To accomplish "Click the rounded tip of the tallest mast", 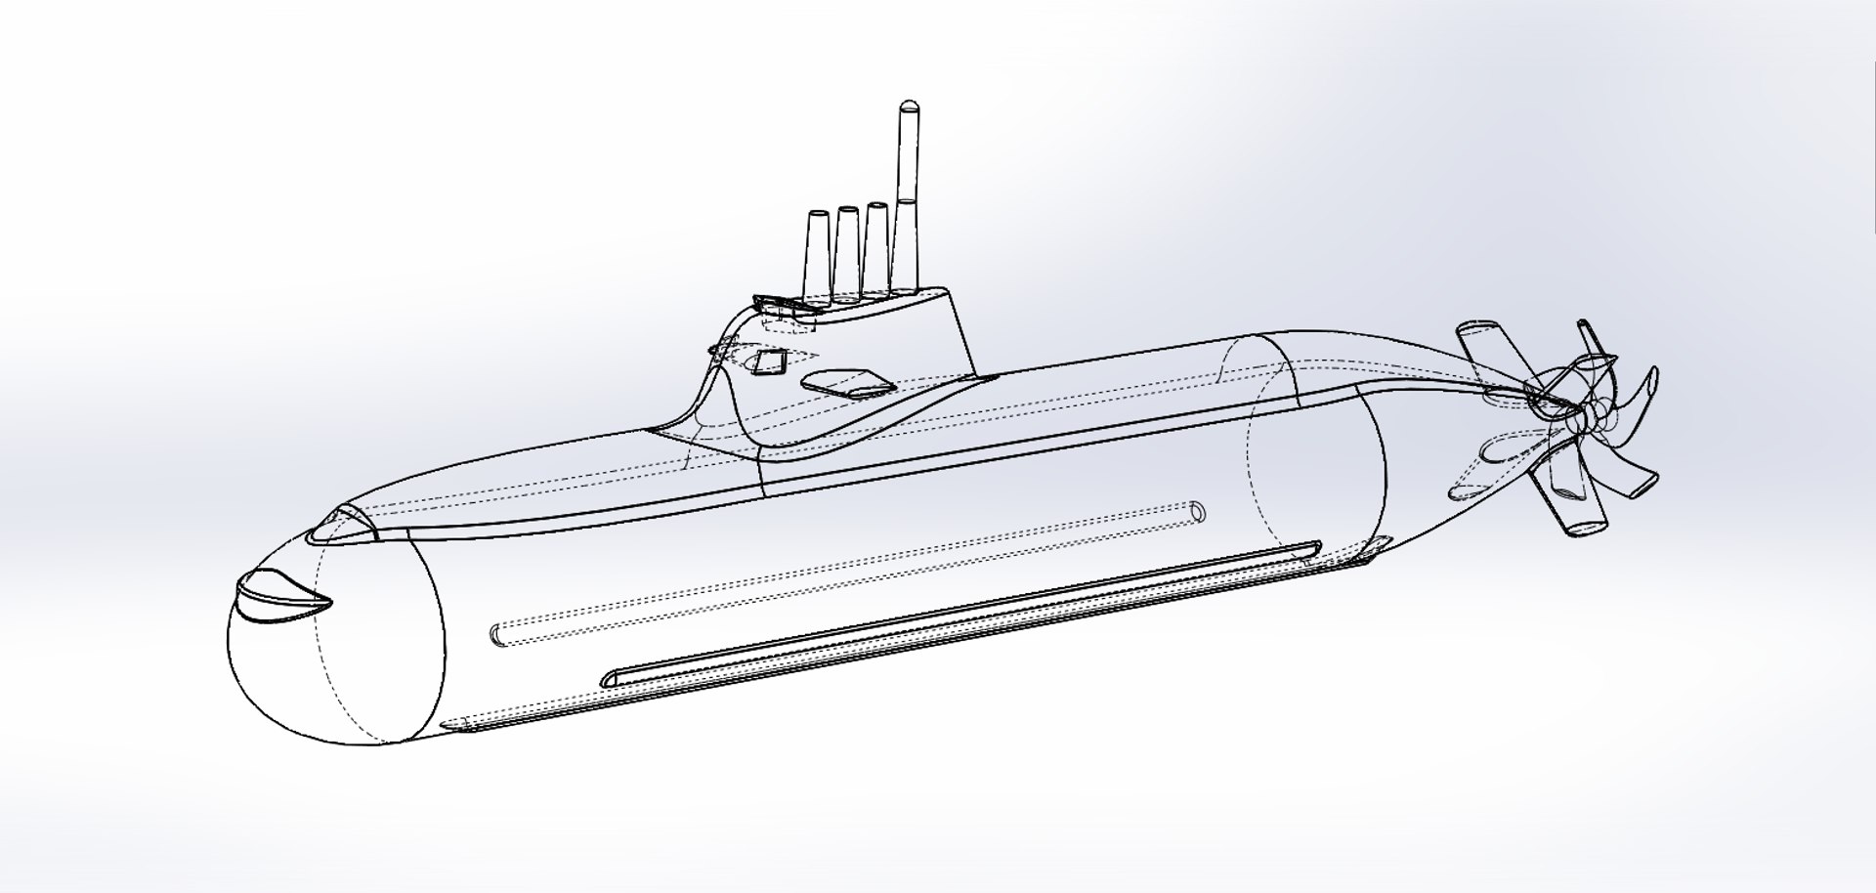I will [x=907, y=106].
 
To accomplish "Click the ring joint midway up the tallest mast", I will [x=907, y=202].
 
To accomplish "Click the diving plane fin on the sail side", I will [x=846, y=384].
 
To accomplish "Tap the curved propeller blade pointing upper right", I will [x=1641, y=388].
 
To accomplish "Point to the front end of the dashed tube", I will [x=498, y=635].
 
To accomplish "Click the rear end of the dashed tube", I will [x=1198, y=511].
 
